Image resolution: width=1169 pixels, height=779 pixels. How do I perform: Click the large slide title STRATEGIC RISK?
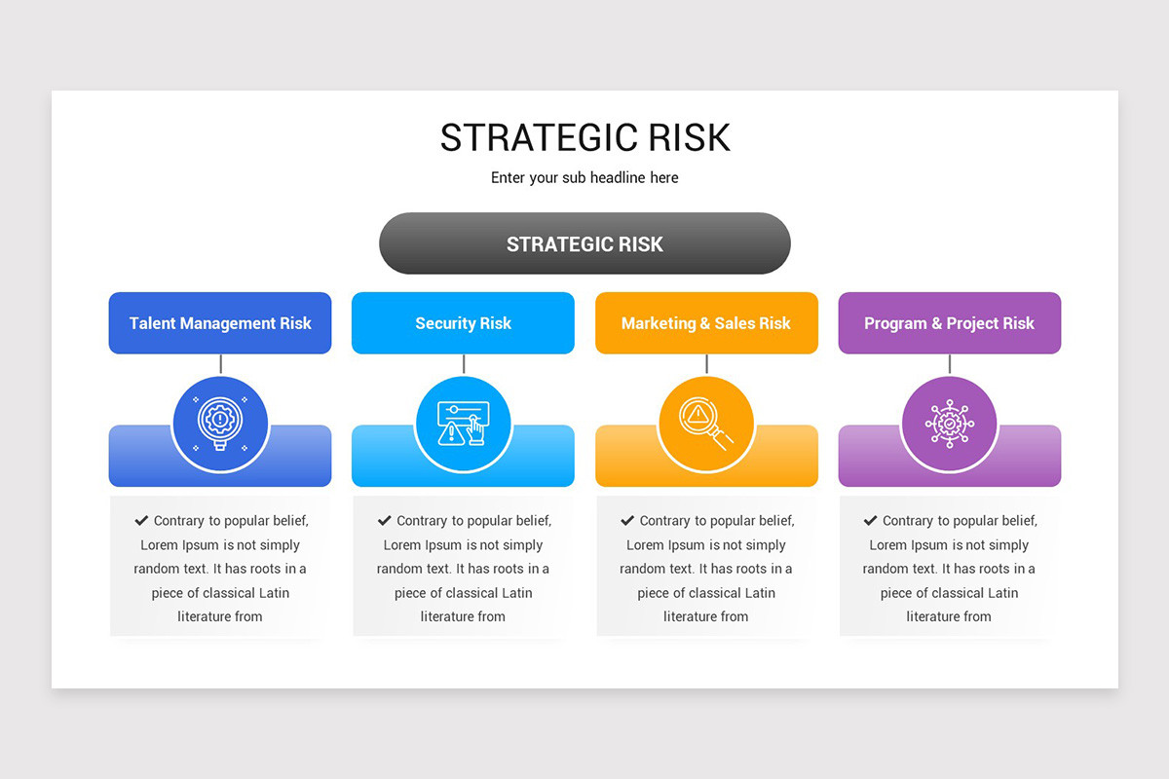point(584,138)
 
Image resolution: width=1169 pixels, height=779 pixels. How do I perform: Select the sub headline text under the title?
point(584,178)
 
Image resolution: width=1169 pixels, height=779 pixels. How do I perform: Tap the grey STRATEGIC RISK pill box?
point(584,243)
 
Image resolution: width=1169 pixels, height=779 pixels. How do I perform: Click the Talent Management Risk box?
point(220,323)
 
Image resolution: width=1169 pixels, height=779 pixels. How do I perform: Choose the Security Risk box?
point(463,323)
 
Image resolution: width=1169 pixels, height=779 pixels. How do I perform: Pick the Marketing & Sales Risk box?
point(706,323)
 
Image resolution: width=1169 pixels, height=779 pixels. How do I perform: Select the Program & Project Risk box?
point(949,323)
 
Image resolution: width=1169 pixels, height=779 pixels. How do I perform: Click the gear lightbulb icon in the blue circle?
point(220,424)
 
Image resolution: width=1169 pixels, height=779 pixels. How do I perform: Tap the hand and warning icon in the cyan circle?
point(463,424)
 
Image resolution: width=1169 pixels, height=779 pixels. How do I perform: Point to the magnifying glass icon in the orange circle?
point(706,424)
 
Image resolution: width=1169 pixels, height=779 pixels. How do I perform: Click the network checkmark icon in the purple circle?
point(949,424)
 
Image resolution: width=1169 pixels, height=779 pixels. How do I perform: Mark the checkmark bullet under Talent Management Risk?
point(141,521)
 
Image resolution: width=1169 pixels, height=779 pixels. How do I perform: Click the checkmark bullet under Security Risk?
point(385,521)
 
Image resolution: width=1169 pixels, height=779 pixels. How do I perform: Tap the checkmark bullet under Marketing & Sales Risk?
point(627,521)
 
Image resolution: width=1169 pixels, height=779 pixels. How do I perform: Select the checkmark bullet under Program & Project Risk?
point(870,521)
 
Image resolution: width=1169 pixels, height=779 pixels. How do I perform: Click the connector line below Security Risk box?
point(464,364)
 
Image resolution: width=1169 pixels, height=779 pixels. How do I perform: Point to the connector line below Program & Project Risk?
point(950,364)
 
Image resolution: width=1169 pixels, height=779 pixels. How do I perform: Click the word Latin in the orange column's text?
point(759,593)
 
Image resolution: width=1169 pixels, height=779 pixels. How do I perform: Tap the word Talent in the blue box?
point(152,323)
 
